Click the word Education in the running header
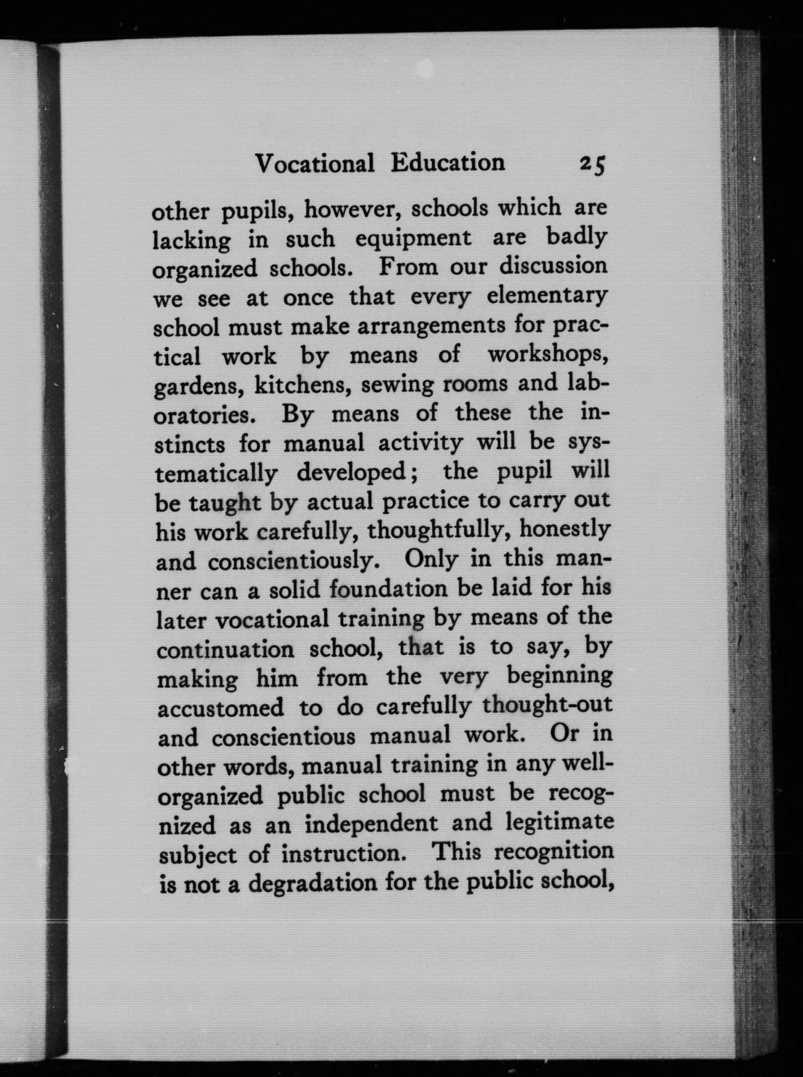448,163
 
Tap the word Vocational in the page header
315,164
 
